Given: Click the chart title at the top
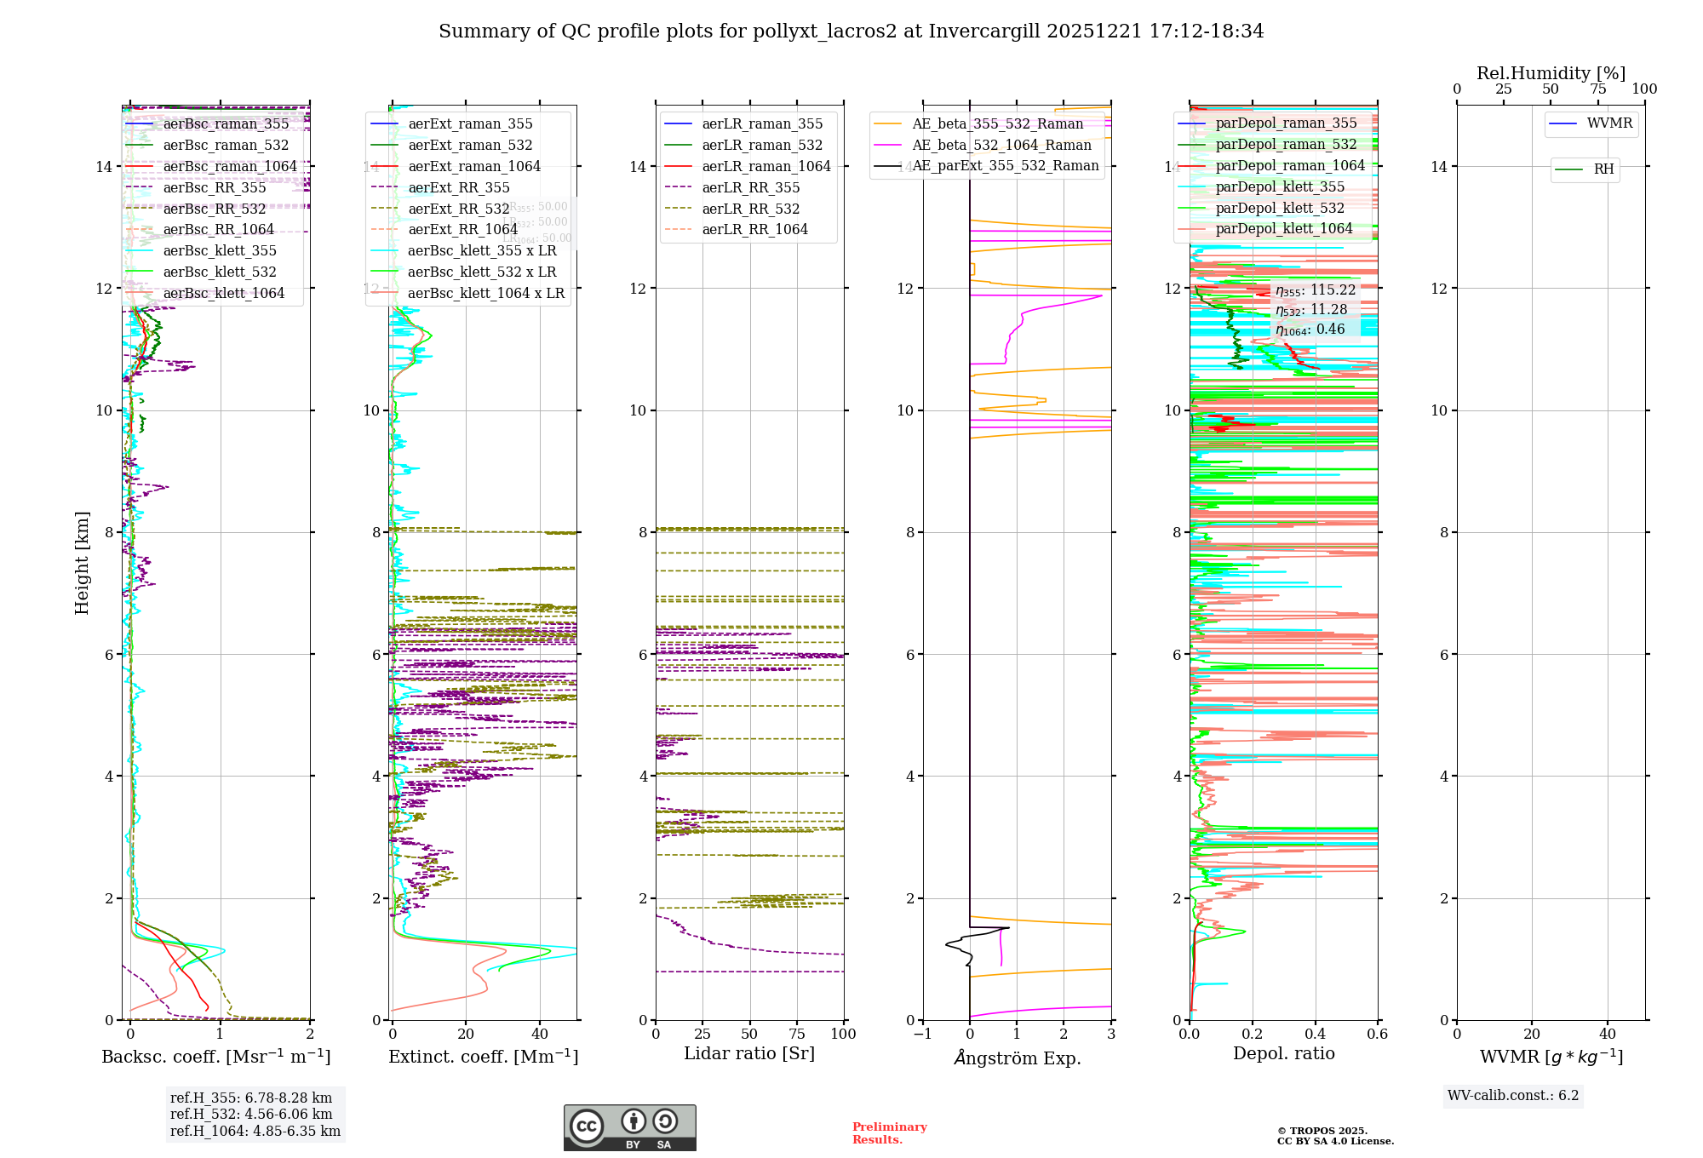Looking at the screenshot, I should tap(851, 32).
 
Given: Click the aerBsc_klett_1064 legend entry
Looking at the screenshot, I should tap(223, 294).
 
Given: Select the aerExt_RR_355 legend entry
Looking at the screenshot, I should tap(458, 187).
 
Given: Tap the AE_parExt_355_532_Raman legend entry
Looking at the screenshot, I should tap(1005, 166).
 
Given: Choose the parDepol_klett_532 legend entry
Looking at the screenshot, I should tap(1280, 208).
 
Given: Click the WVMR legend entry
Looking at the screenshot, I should tap(1609, 123).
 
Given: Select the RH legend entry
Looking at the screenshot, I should tap(1603, 169).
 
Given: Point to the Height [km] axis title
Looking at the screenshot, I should tap(82, 563).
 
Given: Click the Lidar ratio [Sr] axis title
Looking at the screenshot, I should tap(749, 1053).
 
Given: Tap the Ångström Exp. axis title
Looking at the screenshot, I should tap(1017, 1058).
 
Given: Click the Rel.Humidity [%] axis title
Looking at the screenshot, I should tap(1551, 73).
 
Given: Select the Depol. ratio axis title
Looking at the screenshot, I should tap(1283, 1053).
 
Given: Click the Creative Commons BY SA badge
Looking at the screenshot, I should tap(629, 1127).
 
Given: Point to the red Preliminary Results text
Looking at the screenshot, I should tap(889, 1132).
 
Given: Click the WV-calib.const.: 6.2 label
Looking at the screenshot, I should tap(1513, 1095).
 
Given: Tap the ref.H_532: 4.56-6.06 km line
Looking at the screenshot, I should tap(251, 1114).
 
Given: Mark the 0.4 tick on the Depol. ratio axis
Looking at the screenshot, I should tap(1315, 1034).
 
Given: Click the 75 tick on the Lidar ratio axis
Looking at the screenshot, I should tap(797, 1034).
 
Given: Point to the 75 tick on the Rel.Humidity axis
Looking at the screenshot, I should tap(1598, 89).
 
